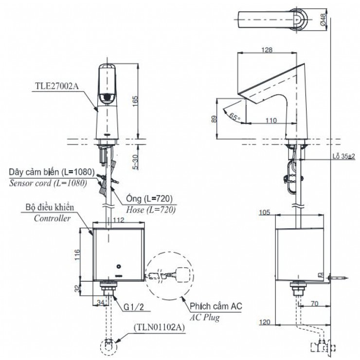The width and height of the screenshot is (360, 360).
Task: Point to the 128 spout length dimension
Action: tap(266, 50)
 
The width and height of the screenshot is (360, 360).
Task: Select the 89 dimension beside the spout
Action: tap(214, 118)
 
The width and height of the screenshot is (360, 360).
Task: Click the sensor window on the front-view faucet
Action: tap(106, 97)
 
